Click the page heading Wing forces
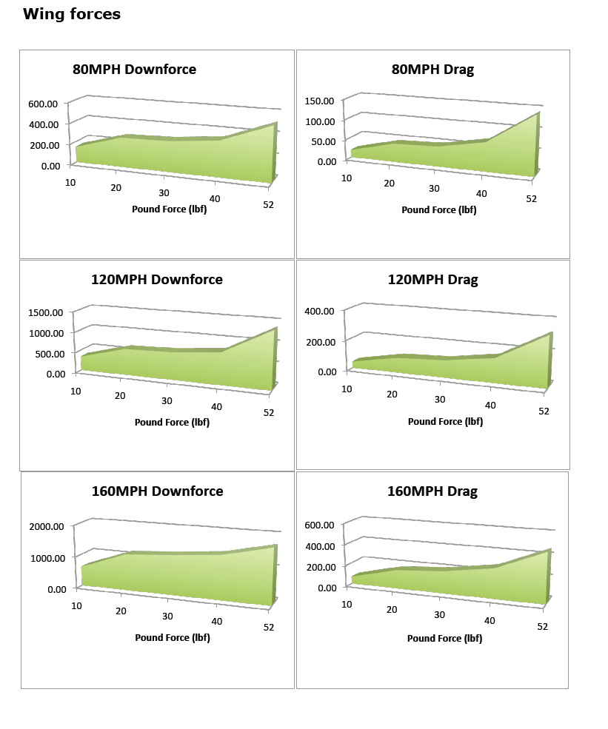(x=72, y=14)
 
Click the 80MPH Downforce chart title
(x=134, y=70)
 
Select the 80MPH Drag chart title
(x=432, y=70)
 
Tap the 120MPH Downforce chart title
(x=156, y=280)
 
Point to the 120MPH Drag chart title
(x=432, y=280)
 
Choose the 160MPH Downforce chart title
(x=157, y=491)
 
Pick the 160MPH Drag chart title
(x=432, y=491)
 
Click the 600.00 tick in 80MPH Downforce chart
(x=44, y=104)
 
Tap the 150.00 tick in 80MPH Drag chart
(x=320, y=101)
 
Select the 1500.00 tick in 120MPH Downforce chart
(x=46, y=313)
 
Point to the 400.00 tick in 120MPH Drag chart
(x=321, y=312)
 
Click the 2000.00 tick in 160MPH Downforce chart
(x=46, y=526)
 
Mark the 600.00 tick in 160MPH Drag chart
(x=321, y=525)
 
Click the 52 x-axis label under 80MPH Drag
(x=531, y=199)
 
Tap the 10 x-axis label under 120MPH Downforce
(x=76, y=391)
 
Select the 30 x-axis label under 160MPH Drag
(x=439, y=615)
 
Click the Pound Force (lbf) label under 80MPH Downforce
(x=169, y=209)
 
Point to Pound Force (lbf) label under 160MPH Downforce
(x=172, y=638)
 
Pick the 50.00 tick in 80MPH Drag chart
(x=323, y=141)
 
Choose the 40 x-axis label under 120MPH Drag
(x=490, y=406)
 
